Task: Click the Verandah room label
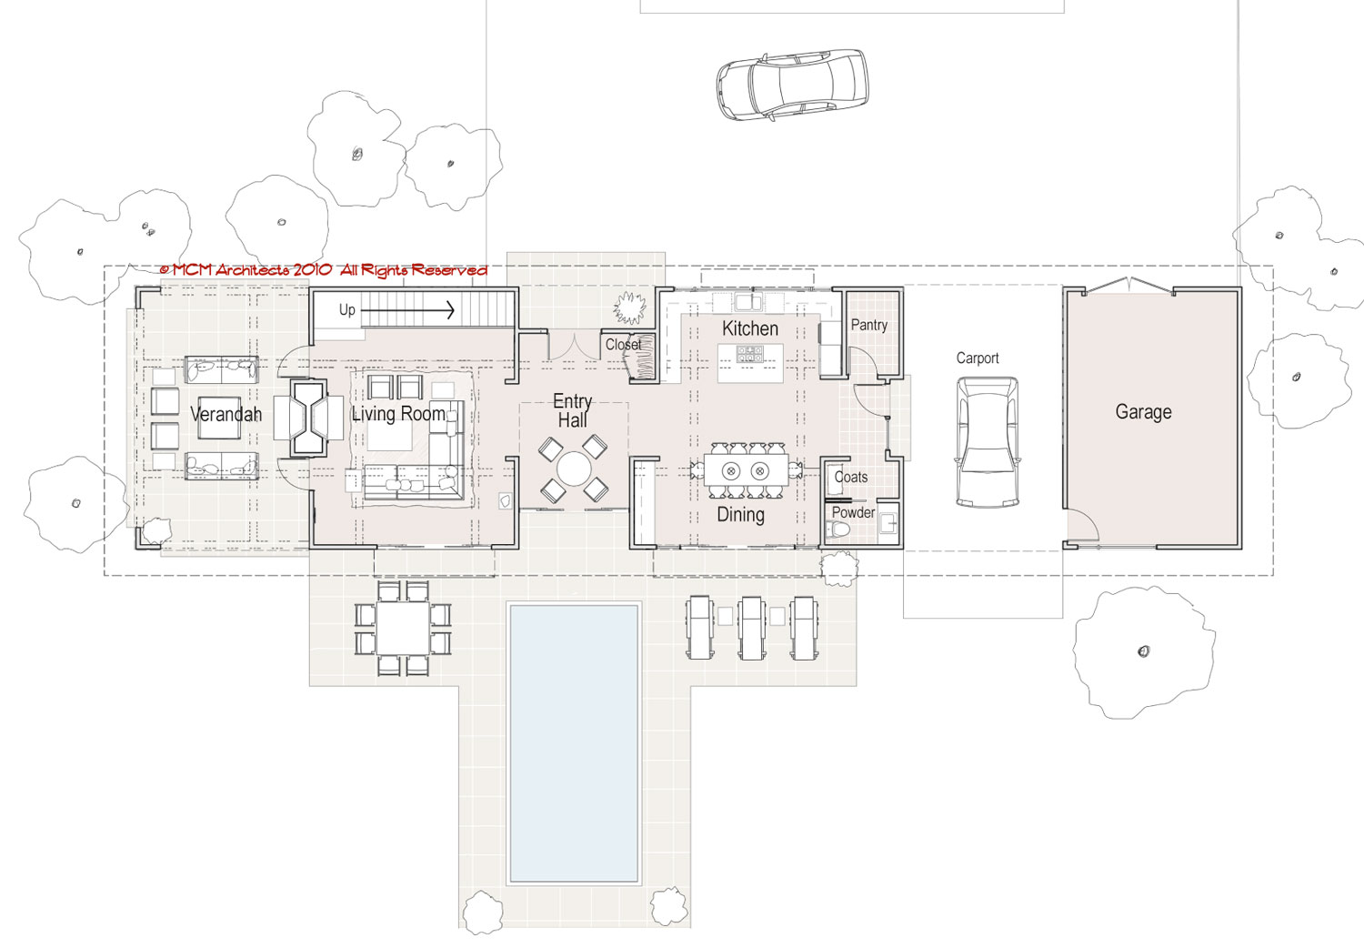pos(226,414)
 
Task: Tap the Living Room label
pos(399,414)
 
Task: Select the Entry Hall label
pos(572,410)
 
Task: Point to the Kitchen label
pos(749,329)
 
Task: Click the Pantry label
pos(869,325)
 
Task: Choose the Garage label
pos(1143,412)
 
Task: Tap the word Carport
pos(978,358)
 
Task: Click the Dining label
pos(740,515)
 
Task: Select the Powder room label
pos(853,512)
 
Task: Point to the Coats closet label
pos(850,477)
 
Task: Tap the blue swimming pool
pos(574,742)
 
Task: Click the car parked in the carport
pos(987,442)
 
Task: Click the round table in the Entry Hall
pos(573,469)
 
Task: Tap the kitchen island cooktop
pos(749,354)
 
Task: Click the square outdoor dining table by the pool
pos(403,628)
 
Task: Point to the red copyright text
pos(324,270)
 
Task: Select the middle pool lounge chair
pos(752,628)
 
